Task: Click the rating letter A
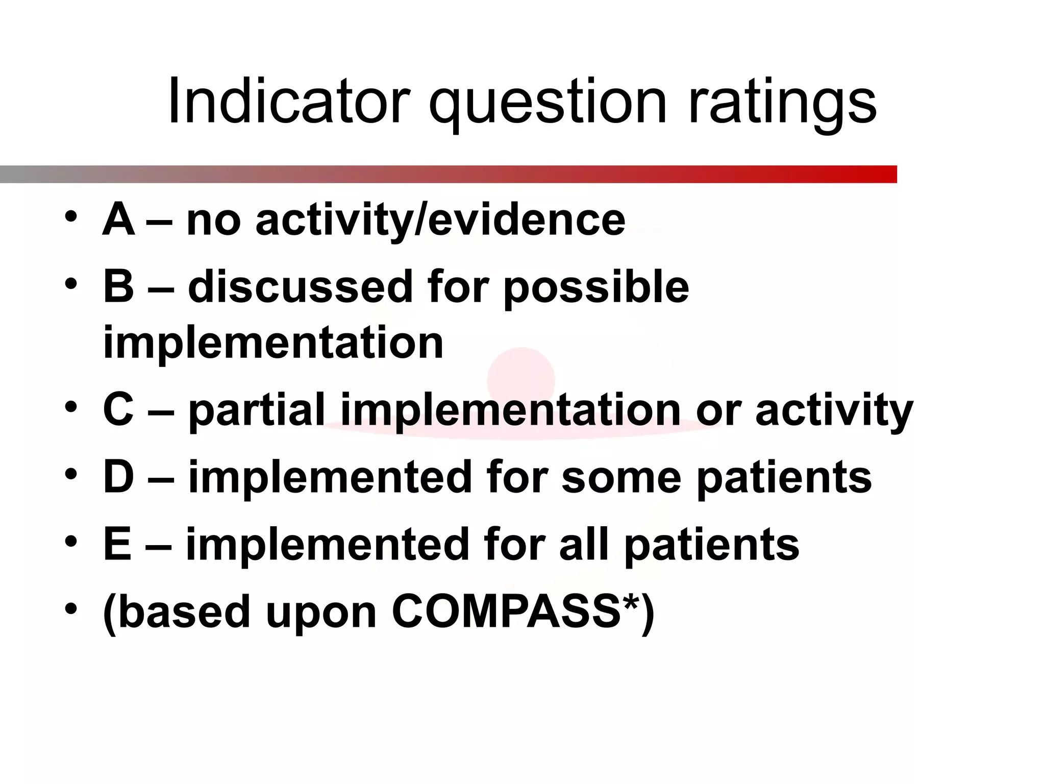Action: pyautogui.click(x=119, y=220)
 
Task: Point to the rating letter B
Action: pyautogui.click(x=119, y=286)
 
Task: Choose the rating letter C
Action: pyautogui.click(x=119, y=409)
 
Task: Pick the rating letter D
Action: pyautogui.click(x=119, y=477)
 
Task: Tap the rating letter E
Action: pyautogui.click(x=118, y=544)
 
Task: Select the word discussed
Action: pyautogui.click(x=300, y=286)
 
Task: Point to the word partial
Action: pyautogui.click(x=257, y=410)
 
